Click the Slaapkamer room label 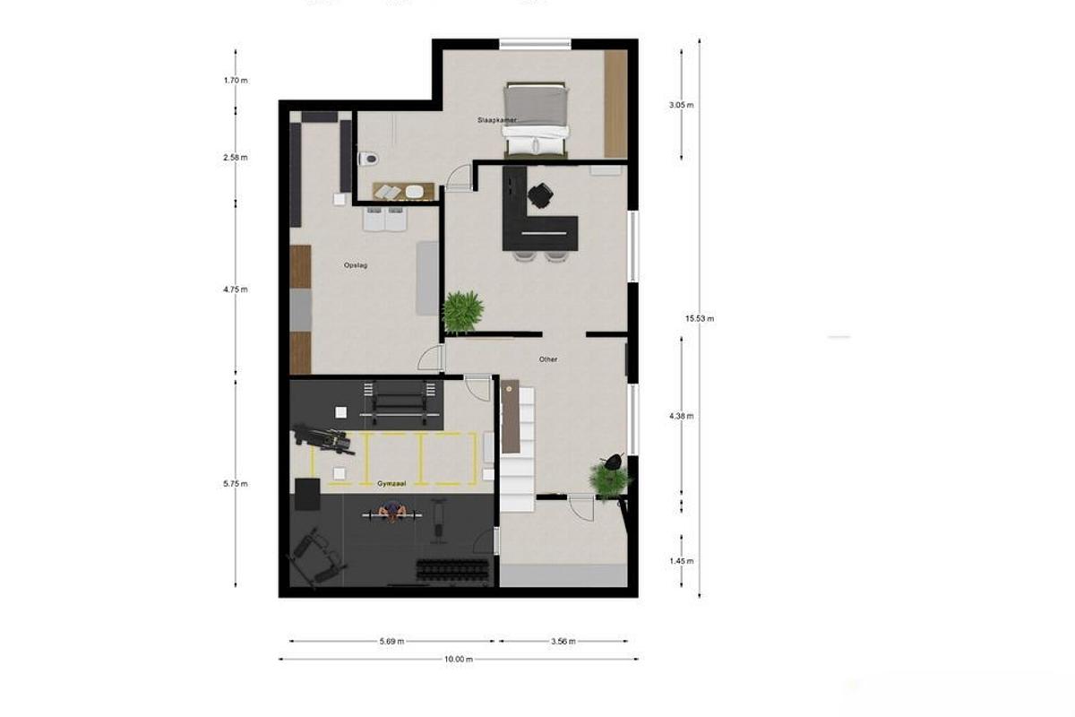coord(498,119)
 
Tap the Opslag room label coord(357,265)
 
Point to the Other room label coord(548,359)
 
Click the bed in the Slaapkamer coord(536,119)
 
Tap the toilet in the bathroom coord(367,159)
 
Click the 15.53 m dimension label coord(700,318)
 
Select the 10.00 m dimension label coord(458,659)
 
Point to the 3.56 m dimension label coord(563,641)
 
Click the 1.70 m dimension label coord(236,81)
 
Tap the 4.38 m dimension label coord(682,416)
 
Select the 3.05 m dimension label coord(682,105)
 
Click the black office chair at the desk coord(540,194)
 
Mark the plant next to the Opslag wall coord(462,311)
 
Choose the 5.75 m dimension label coord(236,484)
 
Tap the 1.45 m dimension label coord(682,561)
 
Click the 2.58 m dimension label coord(236,158)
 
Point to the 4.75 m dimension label coord(236,289)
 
